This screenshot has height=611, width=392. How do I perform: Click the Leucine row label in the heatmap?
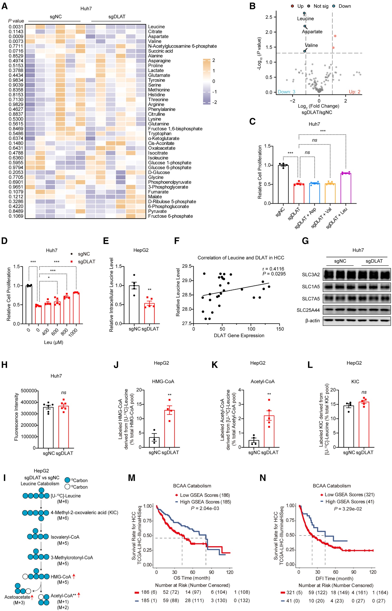[156, 27]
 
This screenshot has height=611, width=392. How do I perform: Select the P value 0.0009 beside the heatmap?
[16, 36]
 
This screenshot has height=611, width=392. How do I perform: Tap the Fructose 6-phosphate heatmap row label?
[170, 216]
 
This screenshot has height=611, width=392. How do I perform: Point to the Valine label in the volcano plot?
[311, 45]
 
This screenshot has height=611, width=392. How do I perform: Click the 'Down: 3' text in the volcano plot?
[286, 92]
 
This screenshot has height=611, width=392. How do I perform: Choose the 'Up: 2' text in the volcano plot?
[354, 92]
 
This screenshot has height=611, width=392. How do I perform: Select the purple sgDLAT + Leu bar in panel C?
[346, 188]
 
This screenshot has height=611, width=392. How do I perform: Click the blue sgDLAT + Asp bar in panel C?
[314, 193]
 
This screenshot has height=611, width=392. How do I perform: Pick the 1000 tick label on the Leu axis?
[73, 332]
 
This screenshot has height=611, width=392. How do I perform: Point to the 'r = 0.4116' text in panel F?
[273, 269]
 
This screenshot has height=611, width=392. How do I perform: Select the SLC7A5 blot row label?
[311, 299]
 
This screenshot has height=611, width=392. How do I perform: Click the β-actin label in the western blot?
[312, 321]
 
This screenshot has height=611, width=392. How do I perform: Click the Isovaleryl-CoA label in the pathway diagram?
[65, 537]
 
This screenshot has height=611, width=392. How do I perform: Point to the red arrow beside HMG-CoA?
[74, 576]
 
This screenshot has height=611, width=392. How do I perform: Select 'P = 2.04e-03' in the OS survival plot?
[205, 508]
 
